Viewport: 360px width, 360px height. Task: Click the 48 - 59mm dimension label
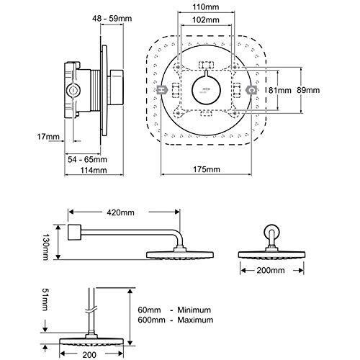pyautogui.click(x=112, y=18)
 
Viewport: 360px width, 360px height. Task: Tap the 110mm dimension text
pyautogui.click(x=206, y=7)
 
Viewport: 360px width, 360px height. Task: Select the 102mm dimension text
pyautogui.click(x=206, y=19)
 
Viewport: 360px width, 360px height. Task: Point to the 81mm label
pyautogui.click(x=279, y=90)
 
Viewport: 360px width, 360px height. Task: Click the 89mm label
pyautogui.click(x=308, y=90)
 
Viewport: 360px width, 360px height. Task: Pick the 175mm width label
pyautogui.click(x=207, y=169)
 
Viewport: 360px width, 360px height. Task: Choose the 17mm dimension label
pyautogui.click(x=48, y=137)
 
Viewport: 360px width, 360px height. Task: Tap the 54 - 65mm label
pyautogui.click(x=87, y=159)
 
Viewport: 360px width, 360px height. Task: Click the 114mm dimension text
pyautogui.click(x=94, y=170)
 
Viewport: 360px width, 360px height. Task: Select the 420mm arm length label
pyautogui.click(x=120, y=212)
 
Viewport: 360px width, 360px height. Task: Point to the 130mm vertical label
pyautogui.click(x=45, y=247)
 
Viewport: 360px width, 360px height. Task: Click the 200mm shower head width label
pyautogui.click(x=271, y=271)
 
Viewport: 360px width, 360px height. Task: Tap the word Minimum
pyautogui.click(x=194, y=310)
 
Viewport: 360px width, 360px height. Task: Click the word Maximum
pyautogui.click(x=195, y=320)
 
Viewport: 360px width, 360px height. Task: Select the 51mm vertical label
pyautogui.click(x=45, y=300)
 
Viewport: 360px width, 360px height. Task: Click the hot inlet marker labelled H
pyautogui.click(x=163, y=90)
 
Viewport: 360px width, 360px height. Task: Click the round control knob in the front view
pyautogui.click(x=206, y=90)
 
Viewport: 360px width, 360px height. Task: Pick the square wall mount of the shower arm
pyautogui.click(x=75, y=232)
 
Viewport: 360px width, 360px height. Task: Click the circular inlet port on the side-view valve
pyautogui.click(x=73, y=91)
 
